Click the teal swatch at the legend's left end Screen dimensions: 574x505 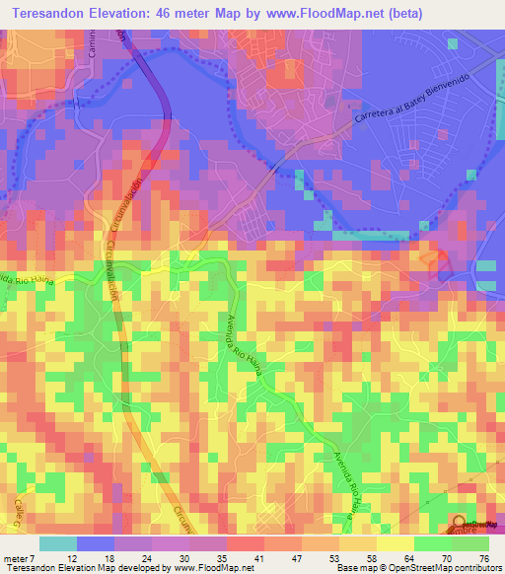point(58,542)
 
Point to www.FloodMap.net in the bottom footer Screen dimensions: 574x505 point(191,567)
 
